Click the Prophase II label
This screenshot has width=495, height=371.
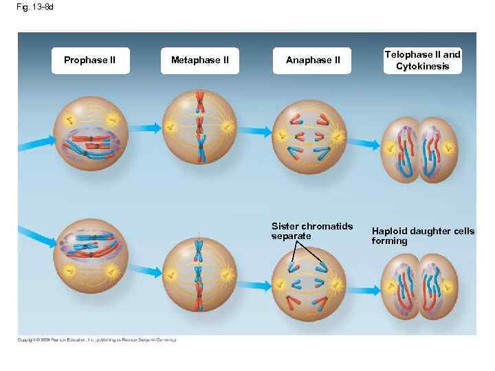(89, 60)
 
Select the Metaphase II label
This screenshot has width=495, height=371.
(199, 60)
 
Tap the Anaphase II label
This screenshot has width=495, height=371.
(313, 60)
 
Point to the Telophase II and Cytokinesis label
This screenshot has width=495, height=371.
(423, 60)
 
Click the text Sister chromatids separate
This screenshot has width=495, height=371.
(312, 231)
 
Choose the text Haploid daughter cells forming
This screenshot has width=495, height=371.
(423, 236)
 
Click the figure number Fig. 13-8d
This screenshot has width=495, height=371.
(35, 7)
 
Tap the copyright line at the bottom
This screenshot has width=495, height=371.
(97, 339)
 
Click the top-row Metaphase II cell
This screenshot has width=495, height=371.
(199, 127)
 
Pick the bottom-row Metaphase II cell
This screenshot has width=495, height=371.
(199, 273)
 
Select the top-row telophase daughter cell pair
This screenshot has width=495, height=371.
(419, 149)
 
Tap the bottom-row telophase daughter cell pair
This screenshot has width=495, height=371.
(419, 287)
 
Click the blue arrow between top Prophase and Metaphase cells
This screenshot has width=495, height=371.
(145, 127)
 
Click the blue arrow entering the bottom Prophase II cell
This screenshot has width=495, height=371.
(34, 232)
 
